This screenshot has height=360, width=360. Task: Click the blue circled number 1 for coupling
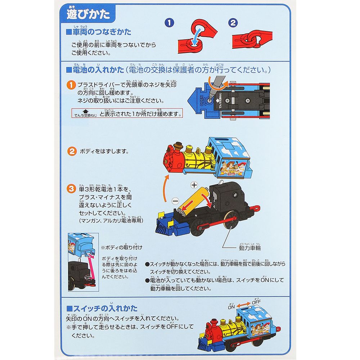pyautogui.click(x=169, y=23)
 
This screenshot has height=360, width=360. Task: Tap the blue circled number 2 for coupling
pyautogui.click(x=234, y=23)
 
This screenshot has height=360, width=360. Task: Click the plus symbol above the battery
pyautogui.click(x=194, y=185)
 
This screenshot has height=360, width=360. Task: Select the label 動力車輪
pyautogui.click(x=250, y=248)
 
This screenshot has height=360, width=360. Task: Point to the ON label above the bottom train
pyautogui.click(x=231, y=307)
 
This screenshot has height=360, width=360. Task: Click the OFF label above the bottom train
pyautogui.click(x=257, y=302)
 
